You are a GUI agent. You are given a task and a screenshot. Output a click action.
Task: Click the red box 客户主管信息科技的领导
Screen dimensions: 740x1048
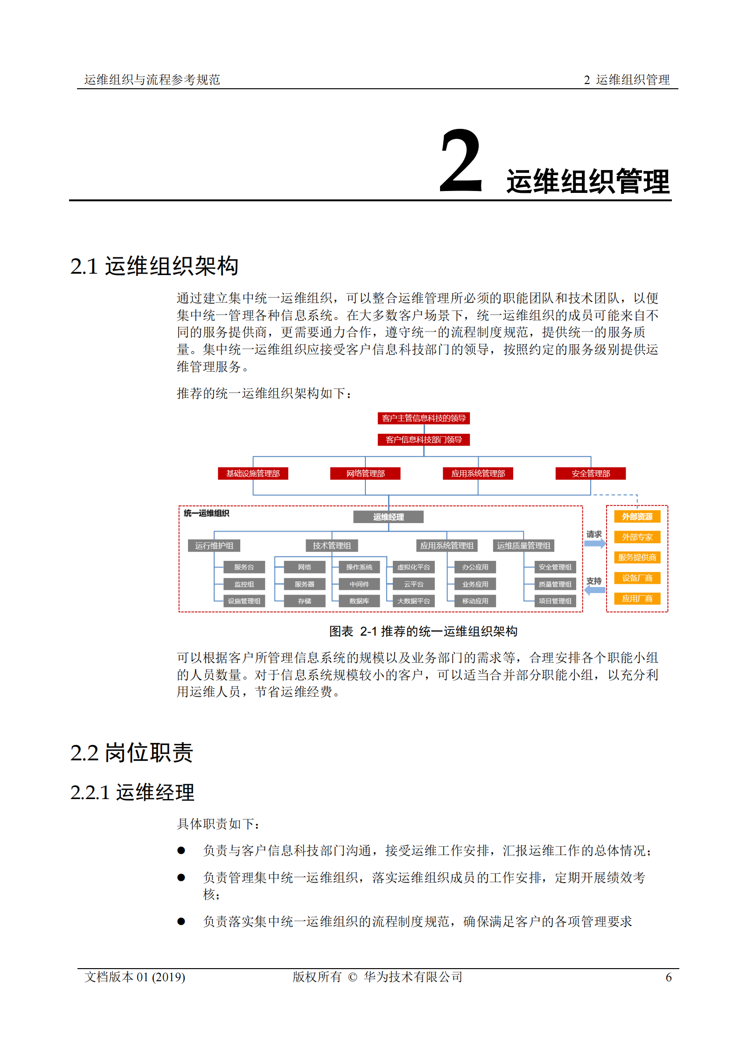423,418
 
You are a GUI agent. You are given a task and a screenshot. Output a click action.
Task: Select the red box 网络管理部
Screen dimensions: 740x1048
365,474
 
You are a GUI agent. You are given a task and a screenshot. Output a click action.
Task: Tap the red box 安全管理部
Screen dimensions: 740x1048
590,474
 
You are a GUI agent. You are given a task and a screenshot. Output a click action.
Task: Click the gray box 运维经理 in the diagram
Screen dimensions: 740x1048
388,517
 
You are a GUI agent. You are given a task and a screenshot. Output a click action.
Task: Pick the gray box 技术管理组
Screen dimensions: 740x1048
332,545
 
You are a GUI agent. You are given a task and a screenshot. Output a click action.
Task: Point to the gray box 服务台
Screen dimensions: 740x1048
244,567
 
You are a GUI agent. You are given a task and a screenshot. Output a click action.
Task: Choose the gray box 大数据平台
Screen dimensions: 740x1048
413,601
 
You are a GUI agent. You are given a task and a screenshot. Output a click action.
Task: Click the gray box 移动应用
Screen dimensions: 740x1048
475,601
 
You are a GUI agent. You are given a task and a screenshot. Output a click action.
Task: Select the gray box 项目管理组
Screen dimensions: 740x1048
555,601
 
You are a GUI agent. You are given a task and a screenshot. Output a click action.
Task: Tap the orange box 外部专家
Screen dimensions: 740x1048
637,537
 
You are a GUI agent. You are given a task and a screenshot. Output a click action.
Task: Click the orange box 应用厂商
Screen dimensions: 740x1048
637,599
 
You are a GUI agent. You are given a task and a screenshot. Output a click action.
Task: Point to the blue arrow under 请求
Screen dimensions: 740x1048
595,543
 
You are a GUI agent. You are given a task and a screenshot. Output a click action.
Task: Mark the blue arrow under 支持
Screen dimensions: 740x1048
595,590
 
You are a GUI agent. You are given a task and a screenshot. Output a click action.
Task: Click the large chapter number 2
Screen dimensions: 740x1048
461,161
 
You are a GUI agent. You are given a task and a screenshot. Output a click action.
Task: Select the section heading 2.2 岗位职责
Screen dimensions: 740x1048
132,753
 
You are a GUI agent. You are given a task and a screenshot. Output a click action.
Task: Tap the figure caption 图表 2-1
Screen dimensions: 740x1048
423,631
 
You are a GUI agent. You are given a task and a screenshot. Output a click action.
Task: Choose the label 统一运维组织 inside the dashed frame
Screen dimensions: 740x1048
206,513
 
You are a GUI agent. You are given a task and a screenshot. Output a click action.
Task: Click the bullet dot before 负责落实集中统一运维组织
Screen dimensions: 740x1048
181,921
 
